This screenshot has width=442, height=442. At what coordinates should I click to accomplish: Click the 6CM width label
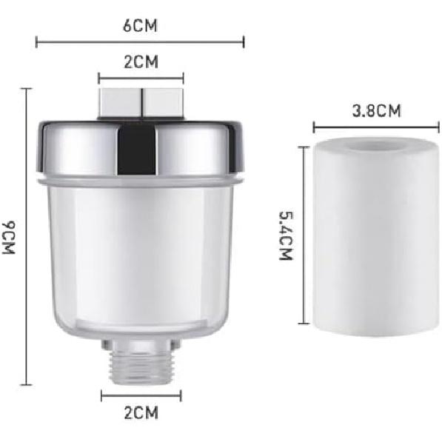[x=140, y=26]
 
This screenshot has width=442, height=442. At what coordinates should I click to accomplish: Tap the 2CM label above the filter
[x=141, y=62]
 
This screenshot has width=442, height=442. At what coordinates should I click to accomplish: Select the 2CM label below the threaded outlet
[x=141, y=412]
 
